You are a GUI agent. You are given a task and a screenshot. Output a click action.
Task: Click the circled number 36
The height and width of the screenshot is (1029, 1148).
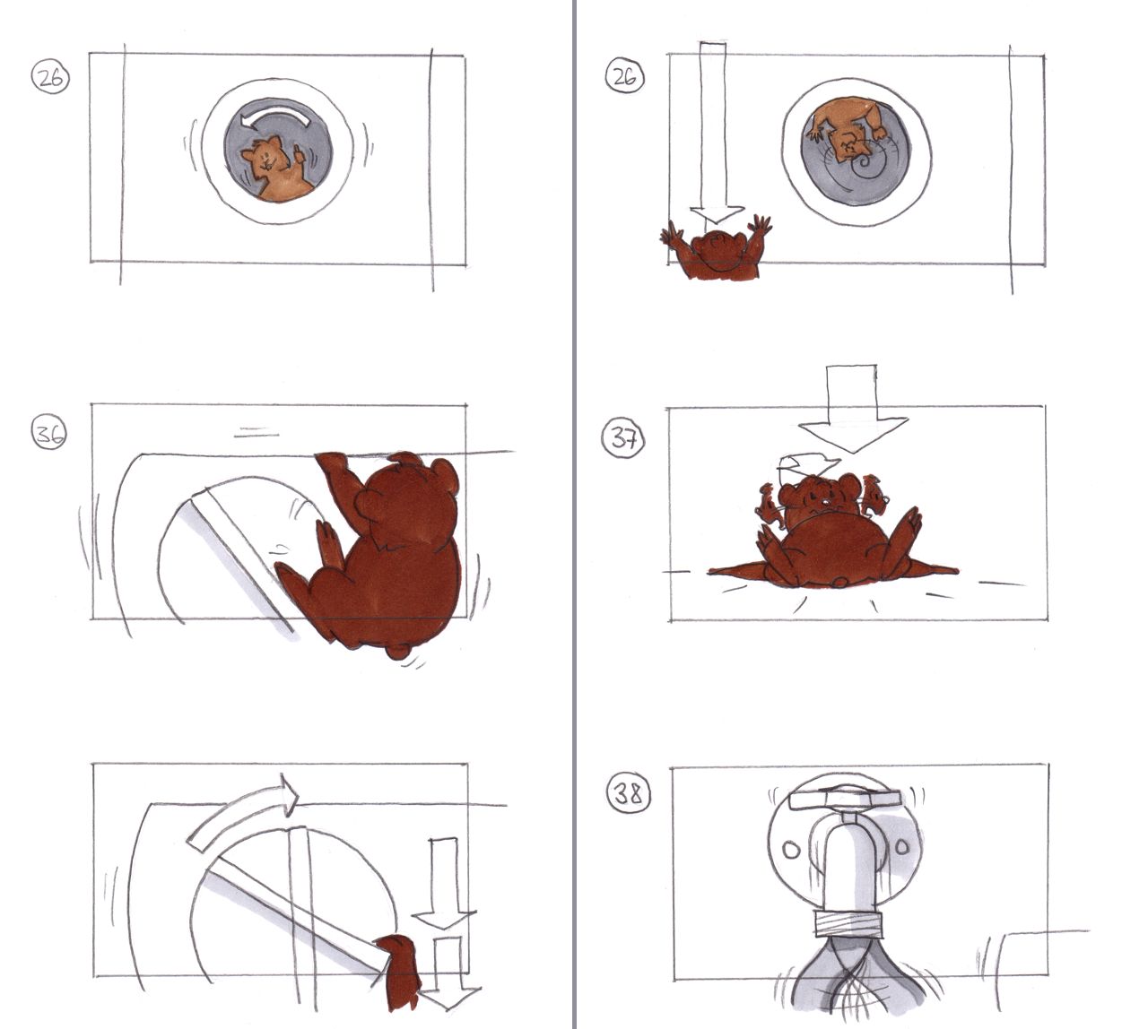49,433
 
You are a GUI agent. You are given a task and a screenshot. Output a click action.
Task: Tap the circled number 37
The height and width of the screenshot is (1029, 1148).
623,439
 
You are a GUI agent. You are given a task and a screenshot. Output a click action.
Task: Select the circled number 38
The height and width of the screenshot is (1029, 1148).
629,795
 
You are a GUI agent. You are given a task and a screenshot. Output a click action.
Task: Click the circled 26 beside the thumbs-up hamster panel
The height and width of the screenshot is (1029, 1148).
50,78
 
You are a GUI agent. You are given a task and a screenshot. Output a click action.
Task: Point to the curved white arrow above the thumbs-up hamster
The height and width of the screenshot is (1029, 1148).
274,117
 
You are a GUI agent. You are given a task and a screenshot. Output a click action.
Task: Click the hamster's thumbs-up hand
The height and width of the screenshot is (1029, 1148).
298,154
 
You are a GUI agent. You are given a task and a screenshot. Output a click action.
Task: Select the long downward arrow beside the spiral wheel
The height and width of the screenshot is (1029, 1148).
714,132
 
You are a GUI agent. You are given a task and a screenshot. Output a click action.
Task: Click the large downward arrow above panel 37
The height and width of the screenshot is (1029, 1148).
852,408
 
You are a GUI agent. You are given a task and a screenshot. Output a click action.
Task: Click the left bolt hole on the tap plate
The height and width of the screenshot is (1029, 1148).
791,850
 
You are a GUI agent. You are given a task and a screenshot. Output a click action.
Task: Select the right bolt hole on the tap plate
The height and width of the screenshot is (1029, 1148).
900,846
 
